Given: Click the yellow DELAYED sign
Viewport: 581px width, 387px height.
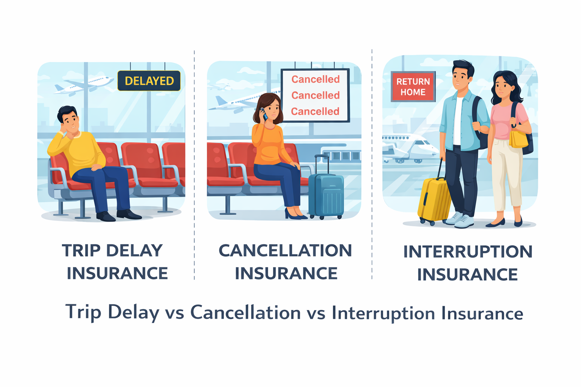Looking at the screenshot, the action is click(x=149, y=81).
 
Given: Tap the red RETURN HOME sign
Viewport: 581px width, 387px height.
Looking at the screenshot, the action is click(x=413, y=87).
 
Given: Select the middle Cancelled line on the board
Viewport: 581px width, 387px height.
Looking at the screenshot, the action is click(x=315, y=95).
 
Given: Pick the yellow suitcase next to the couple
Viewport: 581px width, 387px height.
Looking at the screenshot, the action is click(x=434, y=200).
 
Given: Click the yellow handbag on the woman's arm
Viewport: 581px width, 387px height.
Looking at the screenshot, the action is click(x=519, y=139).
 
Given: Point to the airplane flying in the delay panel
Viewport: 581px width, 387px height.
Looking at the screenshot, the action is click(x=84, y=85).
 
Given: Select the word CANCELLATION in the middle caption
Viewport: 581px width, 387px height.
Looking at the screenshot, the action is click(x=285, y=251).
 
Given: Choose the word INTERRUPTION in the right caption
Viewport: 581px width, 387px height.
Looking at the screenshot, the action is click(x=468, y=252).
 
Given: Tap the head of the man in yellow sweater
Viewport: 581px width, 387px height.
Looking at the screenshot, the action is click(x=69, y=119).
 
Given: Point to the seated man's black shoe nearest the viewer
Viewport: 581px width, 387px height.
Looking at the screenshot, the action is click(x=106, y=217).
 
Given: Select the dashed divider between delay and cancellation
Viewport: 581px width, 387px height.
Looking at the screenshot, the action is click(x=194, y=165).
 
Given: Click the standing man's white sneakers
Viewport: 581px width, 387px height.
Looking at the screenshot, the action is click(x=459, y=220).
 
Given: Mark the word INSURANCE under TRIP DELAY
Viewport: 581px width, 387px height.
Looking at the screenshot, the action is click(x=117, y=273).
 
